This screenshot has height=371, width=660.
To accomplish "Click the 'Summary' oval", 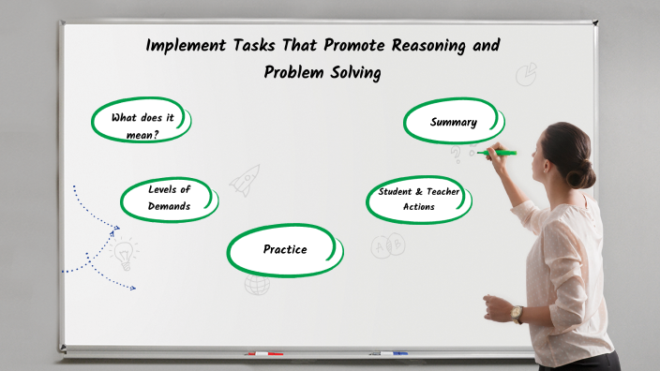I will [454, 122].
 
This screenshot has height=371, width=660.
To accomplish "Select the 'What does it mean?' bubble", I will [142, 126].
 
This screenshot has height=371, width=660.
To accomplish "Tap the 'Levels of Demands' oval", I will [169, 198].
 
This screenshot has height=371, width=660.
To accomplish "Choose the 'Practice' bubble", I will [284, 249].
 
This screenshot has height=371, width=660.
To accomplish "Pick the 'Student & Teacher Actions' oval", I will [418, 199].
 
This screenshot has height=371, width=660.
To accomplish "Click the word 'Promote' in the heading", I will [339, 44].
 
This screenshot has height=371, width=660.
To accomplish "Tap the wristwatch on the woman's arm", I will [517, 313].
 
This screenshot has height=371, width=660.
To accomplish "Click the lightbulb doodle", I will [124, 253].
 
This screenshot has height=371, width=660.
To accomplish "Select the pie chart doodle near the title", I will [527, 72].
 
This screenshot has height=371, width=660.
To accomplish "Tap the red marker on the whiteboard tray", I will [263, 354].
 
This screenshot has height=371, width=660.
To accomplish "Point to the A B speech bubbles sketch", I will [387, 246].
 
